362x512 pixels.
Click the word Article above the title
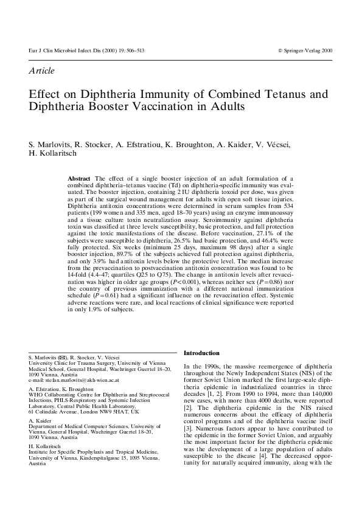(x=41, y=71)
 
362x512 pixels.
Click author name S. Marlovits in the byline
(x=49, y=144)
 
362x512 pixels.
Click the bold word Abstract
(x=80, y=178)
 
